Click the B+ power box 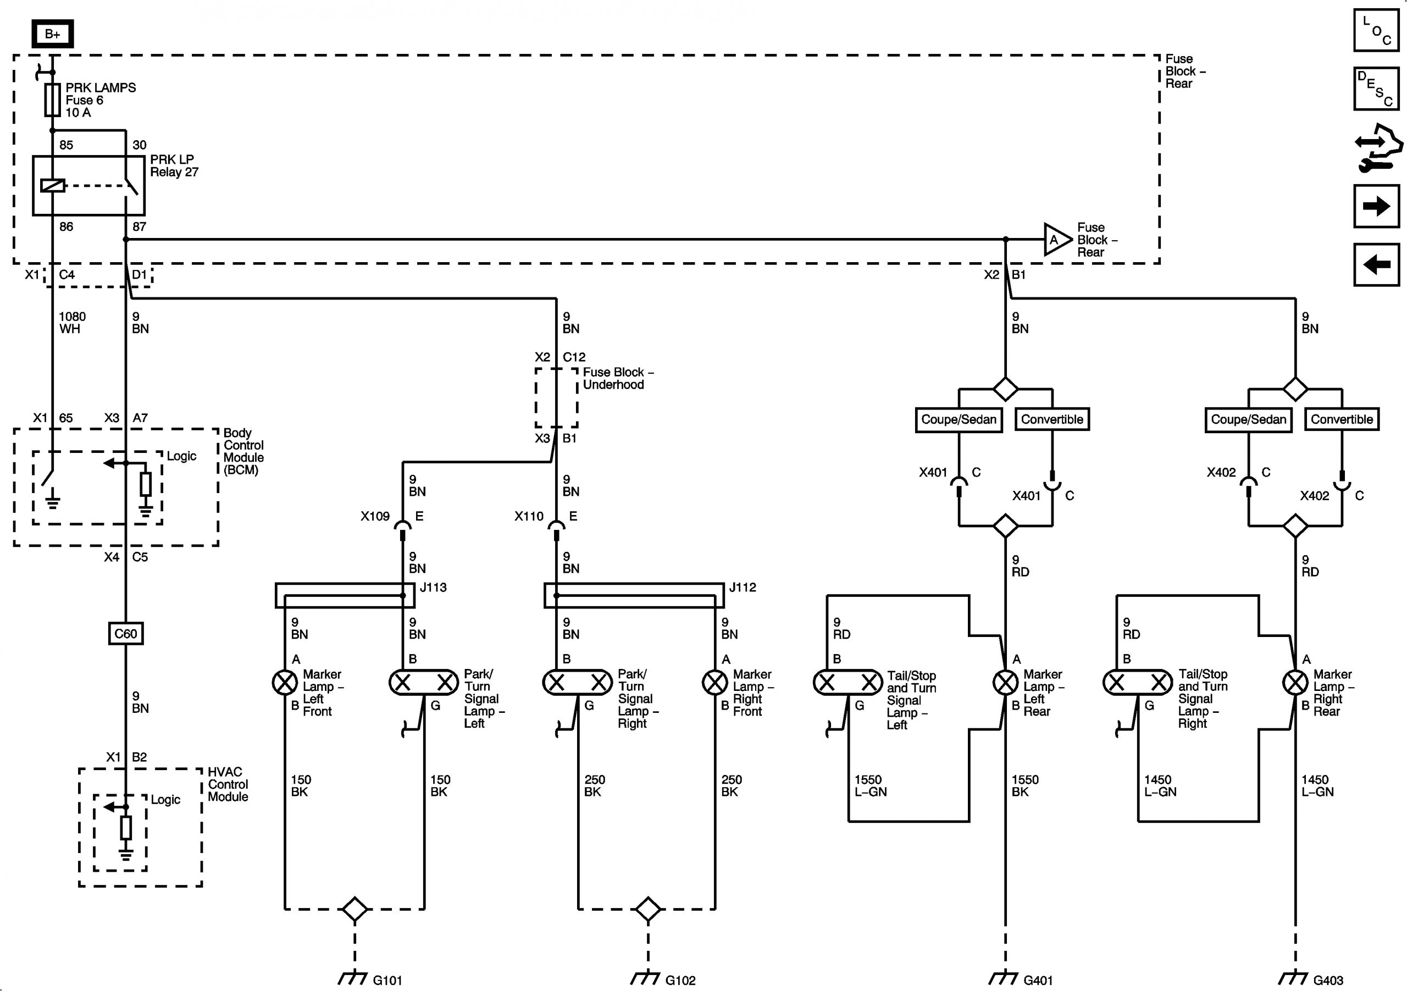tap(52, 34)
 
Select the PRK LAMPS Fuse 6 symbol tap(53, 100)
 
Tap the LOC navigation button tap(1376, 30)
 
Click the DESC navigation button tap(1376, 89)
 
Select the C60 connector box tap(126, 634)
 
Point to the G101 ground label tap(387, 980)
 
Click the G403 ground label tap(1328, 980)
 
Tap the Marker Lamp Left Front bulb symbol tap(285, 682)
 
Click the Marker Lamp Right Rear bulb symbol tap(1295, 682)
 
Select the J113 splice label tap(433, 587)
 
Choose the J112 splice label tap(742, 587)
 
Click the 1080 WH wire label tap(71, 323)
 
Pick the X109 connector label tap(375, 516)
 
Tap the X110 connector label tap(529, 516)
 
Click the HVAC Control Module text tap(228, 784)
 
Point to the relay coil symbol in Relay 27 tap(53, 185)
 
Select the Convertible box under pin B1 tap(1051, 419)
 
